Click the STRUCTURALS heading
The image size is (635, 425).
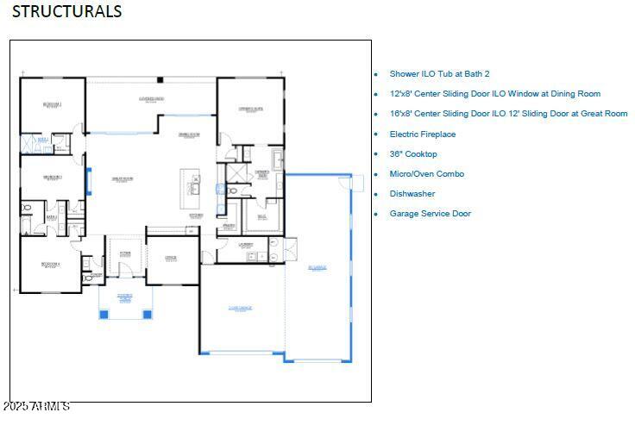(x=66, y=11)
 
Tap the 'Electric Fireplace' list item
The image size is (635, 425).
(x=422, y=134)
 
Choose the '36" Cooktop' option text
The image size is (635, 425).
(x=412, y=154)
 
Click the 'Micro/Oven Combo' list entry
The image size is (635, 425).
(x=426, y=174)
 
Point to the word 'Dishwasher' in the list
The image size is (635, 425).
(x=412, y=194)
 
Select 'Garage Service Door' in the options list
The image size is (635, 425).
(x=430, y=214)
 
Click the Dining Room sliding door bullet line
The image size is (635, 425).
(x=494, y=94)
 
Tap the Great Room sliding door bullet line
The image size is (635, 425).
(x=508, y=114)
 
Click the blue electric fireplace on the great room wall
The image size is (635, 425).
(x=89, y=181)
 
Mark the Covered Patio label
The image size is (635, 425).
(x=152, y=99)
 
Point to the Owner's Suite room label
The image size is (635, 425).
(x=250, y=109)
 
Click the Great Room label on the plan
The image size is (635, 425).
(x=121, y=178)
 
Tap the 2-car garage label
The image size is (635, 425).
(x=241, y=307)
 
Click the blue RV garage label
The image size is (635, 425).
(x=317, y=268)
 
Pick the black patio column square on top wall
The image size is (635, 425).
(x=160, y=80)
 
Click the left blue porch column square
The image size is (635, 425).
(x=104, y=314)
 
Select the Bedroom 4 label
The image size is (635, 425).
(x=53, y=266)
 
